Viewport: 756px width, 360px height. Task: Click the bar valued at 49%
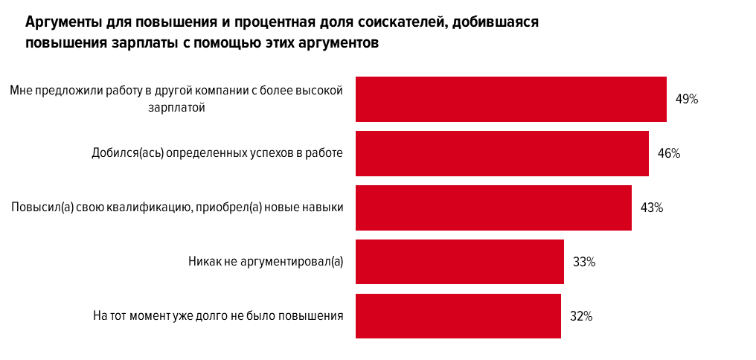[510, 99]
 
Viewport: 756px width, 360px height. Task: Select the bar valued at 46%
[502, 153]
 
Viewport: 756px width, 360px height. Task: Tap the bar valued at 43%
[493, 208]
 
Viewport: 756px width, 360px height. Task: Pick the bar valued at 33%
[459, 262]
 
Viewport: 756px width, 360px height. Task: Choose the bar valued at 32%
[458, 316]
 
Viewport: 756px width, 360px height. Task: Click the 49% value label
[686, 99]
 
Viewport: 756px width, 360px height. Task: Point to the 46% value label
[669, 153]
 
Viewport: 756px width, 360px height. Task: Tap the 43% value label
[652, 208]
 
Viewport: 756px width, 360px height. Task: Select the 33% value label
[583, 262]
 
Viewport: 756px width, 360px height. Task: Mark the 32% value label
[580, 316]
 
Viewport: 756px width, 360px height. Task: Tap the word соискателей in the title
[405, 22]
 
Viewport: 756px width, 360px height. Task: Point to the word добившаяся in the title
[495, 22]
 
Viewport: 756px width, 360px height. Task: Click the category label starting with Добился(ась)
[217, 153]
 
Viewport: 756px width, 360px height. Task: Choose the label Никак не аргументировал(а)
[265, 262]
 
